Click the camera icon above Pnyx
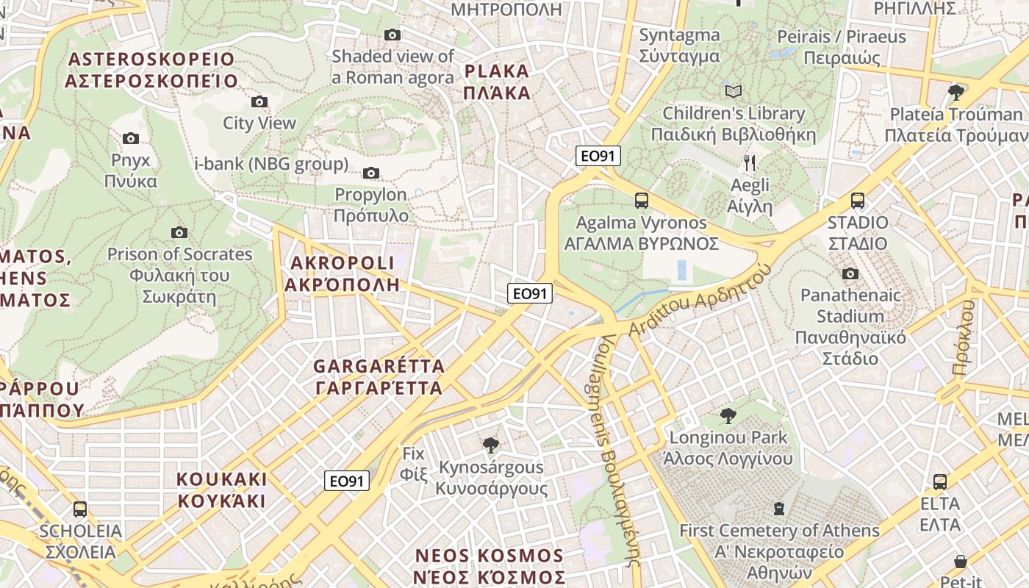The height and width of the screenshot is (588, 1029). (131, 138)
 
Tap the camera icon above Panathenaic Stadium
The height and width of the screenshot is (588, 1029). (850, 274)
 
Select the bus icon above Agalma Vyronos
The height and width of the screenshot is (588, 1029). (642, 200)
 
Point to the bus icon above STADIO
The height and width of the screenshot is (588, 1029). (857, 200)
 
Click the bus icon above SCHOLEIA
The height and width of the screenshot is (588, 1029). (80, 509)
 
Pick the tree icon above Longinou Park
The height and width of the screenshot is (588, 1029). (728, 416)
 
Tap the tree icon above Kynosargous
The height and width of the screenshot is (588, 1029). (490, 445)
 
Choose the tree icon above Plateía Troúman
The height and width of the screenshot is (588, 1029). (955, 92)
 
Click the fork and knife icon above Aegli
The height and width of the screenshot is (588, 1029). (750, 162)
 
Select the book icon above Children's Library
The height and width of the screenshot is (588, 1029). (734, 91)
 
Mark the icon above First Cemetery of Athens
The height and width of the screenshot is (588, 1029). (779, 508)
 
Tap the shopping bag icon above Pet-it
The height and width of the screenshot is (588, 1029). (960, 562)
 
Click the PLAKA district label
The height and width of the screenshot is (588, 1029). (498, 82)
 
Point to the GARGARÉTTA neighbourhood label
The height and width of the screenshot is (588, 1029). (379, 376)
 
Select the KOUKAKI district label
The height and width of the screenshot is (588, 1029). (221, 490)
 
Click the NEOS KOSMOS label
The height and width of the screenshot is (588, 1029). (489, 566)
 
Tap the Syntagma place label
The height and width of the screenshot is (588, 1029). (679, 45)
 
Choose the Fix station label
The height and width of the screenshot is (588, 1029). (414, 464)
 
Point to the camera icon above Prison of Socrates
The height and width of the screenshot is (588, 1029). (179, 232)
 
